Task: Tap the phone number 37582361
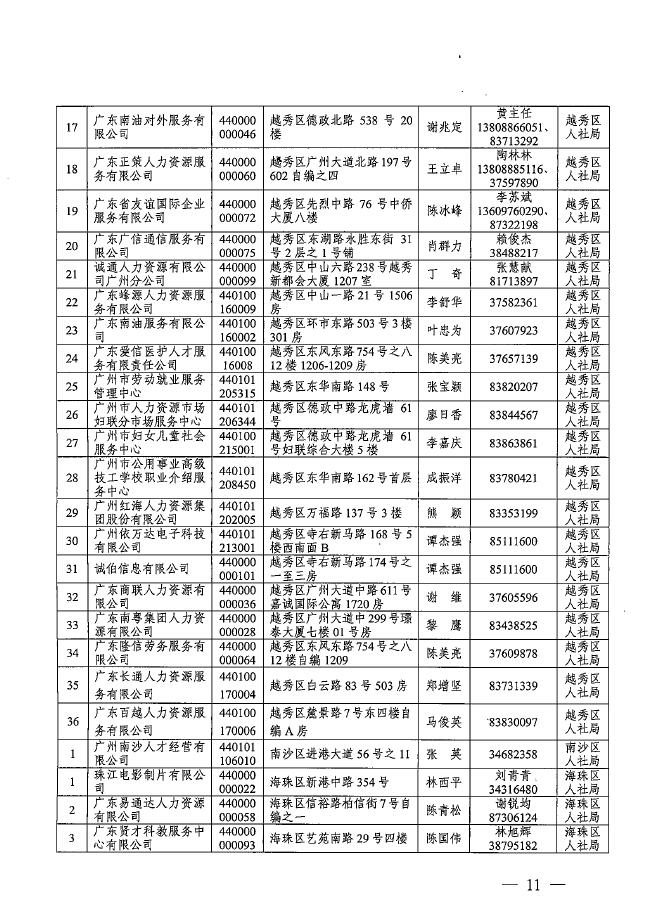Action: pos(515,302)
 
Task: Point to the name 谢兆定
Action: pos(444,127)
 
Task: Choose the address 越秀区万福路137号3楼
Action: pos(335,513)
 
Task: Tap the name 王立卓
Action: pos(444,170)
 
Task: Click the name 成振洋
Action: pos(444,478)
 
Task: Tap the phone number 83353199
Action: pos(515,513)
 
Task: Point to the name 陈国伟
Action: pos(444,839)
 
